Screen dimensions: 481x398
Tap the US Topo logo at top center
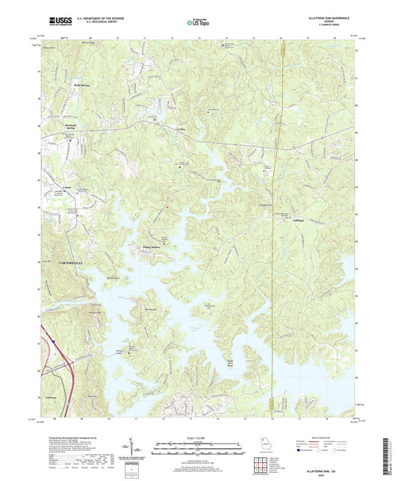(x=196, y=23)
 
